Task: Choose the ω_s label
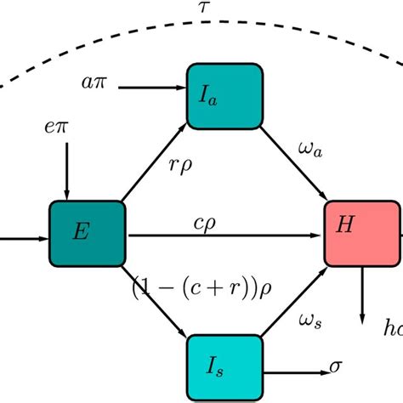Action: point(312,319)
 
